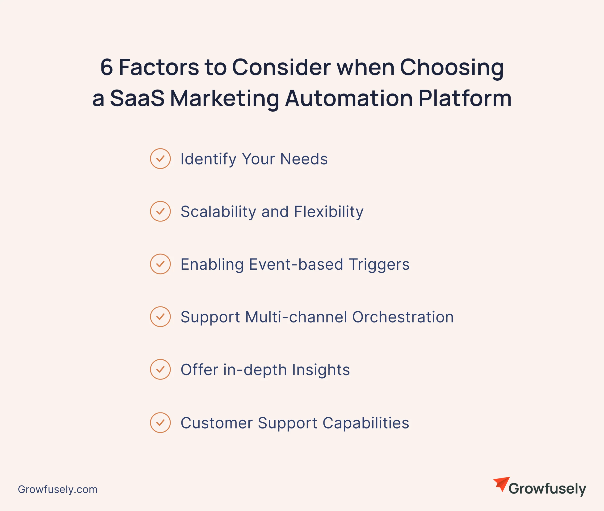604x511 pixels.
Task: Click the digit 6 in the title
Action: pos(106,67)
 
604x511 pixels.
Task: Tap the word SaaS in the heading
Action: pos(137,98)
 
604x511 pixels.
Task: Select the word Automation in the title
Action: pos(349,98)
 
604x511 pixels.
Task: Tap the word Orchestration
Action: pos(403,317)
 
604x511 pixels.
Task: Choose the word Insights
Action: pos(321,370)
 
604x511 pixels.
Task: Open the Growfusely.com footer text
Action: pos(58,489)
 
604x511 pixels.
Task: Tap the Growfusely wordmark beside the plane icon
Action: pos(547,489)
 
